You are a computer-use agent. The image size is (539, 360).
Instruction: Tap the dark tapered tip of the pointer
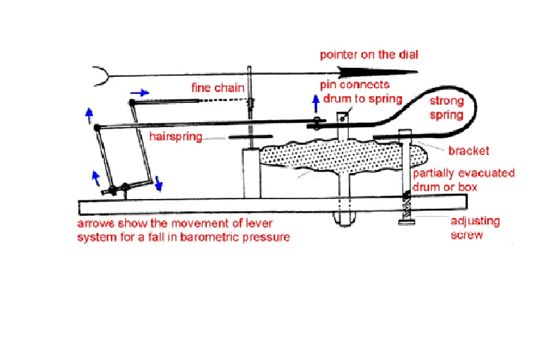pyautogui.click(x=360, y=71)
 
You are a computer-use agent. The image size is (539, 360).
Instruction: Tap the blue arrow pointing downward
pyautogui.click(x=159, y=185)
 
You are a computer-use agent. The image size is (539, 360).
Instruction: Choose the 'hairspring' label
pyautogui.click(x=176, y=137)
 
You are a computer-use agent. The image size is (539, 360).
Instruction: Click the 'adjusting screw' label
pyautogui.click(x=475, y=228)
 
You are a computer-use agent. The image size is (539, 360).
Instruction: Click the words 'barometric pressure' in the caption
pyautogui.click(x=239, y=236)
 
